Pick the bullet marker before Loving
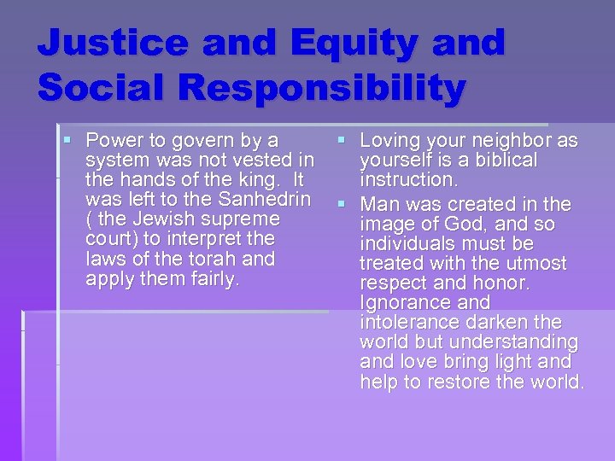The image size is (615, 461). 341,139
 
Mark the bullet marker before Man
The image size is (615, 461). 341,204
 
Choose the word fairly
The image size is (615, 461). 211,279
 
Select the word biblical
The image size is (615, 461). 495,160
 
